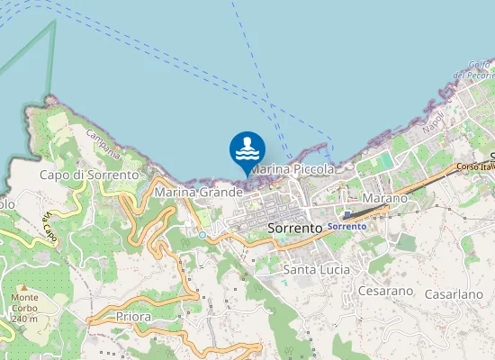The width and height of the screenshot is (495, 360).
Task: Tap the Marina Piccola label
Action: click(293, 169)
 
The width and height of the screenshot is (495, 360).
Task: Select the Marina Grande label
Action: click(199, 192)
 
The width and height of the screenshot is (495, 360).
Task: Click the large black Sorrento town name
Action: click(295, 229)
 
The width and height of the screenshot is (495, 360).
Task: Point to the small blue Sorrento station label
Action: click(346, 226)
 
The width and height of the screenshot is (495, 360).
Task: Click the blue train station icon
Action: click(346, 215)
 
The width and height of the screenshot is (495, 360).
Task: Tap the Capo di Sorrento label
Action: click(89, 174)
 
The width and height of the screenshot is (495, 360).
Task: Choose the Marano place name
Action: click(384, 198)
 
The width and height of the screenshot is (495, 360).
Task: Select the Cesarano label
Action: click(385, 291)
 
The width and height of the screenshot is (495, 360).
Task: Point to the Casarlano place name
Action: click(454, 294)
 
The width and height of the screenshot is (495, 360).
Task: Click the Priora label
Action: click(133, 317)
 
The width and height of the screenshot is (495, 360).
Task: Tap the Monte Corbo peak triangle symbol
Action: click(24, 287)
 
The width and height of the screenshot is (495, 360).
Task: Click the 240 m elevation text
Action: click(25, 319)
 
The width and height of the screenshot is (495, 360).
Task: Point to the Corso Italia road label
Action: click(476, 166)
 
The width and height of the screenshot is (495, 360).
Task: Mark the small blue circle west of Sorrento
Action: click(202, 235)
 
